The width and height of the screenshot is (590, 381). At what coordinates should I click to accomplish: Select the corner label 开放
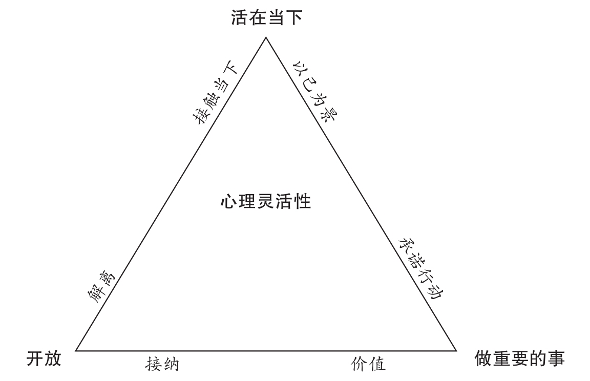[44, 358]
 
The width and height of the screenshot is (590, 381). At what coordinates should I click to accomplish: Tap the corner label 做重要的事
[519, 358]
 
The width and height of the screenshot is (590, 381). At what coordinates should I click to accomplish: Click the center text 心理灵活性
[265, 201]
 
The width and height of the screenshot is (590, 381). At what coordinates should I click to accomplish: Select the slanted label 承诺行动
[420, 268]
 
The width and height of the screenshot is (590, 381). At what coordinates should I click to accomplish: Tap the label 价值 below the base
[368, 364]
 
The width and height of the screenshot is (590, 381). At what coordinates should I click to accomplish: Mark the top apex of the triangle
[265, 37]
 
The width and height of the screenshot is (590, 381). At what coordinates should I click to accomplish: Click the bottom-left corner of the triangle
[76, 351]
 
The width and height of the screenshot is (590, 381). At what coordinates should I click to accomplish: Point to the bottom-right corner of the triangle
[456, 351]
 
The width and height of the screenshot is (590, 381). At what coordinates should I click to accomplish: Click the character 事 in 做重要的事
[557, 358]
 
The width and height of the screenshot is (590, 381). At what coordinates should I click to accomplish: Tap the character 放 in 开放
[53, 358]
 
